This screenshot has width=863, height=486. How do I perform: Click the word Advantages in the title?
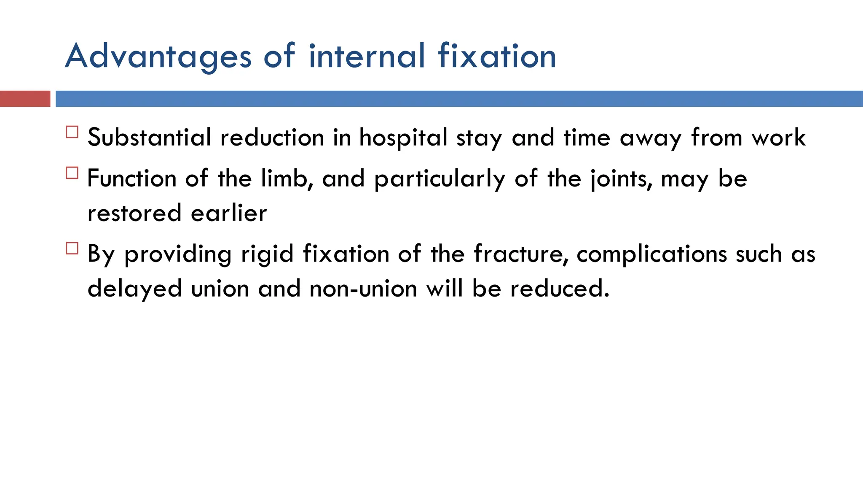(158, 57)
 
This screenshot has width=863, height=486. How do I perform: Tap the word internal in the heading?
(367, 56)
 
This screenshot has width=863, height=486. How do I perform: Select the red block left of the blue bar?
(25, 99)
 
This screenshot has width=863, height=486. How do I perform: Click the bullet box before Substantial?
(72, 132)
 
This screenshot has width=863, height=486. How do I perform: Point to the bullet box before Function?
(72, 173)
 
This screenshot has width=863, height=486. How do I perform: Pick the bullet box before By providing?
(72, 248)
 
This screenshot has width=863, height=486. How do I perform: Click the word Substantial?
(149, 138)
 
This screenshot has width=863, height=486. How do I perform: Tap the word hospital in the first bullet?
(403, 138)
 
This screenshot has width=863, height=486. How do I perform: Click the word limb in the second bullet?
(287, 178)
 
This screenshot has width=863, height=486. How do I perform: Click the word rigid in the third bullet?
(267, 254)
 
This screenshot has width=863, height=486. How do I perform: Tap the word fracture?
(520, 254)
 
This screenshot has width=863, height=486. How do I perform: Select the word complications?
(651, 254)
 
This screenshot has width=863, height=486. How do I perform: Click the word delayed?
(134, 289)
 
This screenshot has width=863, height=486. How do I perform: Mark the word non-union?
(363, 289)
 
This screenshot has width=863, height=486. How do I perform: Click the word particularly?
(440, 178)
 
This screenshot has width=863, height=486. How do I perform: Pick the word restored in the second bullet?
(134, 213)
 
